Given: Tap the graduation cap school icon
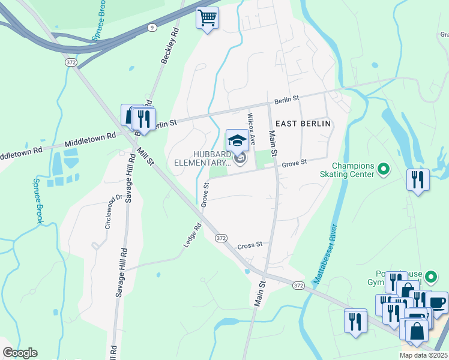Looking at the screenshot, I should [237, 141].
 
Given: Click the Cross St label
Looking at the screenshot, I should [250, 245].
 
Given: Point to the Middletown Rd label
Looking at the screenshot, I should [90, 140].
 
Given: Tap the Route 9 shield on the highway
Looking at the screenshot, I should [152, 27].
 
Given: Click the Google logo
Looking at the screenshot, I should [20, 353].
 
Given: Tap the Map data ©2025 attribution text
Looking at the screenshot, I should [424, 355].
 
